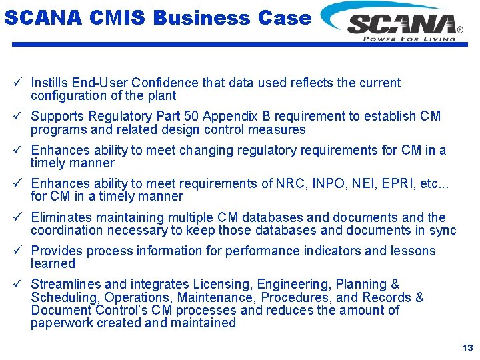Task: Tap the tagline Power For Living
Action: click(x=409, y=39)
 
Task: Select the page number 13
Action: click(x=467, y=348)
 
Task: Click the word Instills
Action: click(x=50, y=83)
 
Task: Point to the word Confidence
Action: click(x=157, y=83)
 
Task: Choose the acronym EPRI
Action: click(x=387, y=183)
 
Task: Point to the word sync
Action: click(x=443, y=231)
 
